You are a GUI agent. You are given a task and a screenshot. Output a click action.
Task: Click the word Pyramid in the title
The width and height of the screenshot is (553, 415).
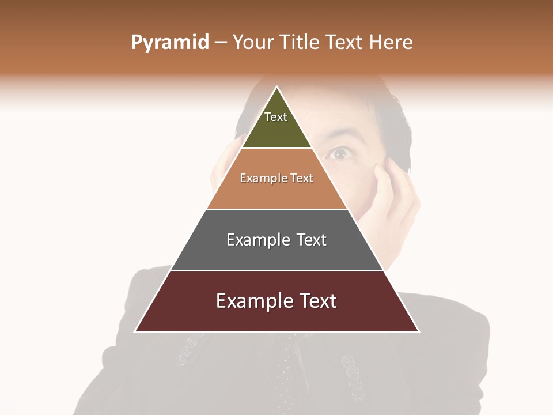click(169, 43)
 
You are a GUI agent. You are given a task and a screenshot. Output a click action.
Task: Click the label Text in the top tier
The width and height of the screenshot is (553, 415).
click(276, 117)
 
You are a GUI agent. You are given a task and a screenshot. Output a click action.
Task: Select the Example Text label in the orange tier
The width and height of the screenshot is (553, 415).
click(276, 179)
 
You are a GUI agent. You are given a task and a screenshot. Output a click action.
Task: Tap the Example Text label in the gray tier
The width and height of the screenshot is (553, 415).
click(276, 240)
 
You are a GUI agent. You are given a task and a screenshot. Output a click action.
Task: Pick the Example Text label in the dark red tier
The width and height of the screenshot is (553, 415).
click(276, 301)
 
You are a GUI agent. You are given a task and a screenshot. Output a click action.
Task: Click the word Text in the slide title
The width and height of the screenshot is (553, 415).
click(344, 43)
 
